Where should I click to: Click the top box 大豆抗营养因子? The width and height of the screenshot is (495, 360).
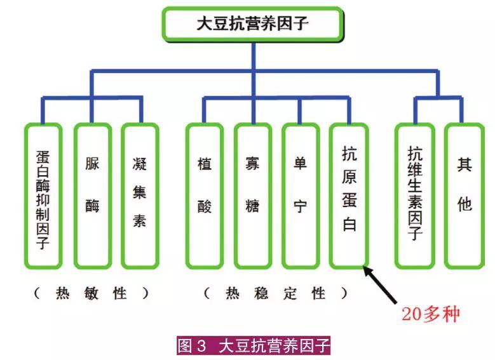click(x=253, y=24)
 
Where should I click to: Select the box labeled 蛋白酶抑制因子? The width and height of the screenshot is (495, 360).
click(x=43, y=196)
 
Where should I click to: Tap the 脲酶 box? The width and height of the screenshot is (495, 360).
click(x=92, y=196)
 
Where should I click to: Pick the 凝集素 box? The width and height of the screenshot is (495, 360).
click(x=140, y=196)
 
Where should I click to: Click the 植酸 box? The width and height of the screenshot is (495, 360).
click(x=204, y=196)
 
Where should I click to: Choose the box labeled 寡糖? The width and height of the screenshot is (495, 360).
click(x=252, y=196)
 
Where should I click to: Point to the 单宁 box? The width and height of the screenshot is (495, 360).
click(x=300, y=196)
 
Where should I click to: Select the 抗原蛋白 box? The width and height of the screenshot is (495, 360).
click(x=348, y=196)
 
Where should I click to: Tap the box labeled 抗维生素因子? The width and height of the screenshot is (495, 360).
click(x=414, y=196)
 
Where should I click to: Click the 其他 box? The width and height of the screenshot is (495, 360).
click(x=463, y=196)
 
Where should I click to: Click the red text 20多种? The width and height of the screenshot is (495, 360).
click(x=430, y=313)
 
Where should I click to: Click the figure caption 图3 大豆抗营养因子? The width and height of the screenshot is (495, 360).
click(x=253, y=346)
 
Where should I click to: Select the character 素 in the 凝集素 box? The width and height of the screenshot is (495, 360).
click(x=140, y=220)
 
